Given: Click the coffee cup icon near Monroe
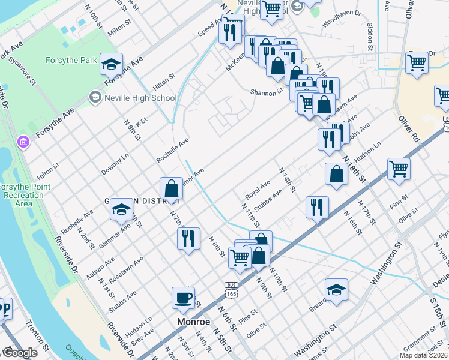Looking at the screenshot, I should (x=183, y=298).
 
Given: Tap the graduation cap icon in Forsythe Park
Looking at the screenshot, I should (x=111, y=63).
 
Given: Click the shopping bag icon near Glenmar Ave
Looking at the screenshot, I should (x=172, y=188).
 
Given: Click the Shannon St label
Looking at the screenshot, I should (x=267, y=92).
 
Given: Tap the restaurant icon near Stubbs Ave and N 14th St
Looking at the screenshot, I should (x=316, y=207).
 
